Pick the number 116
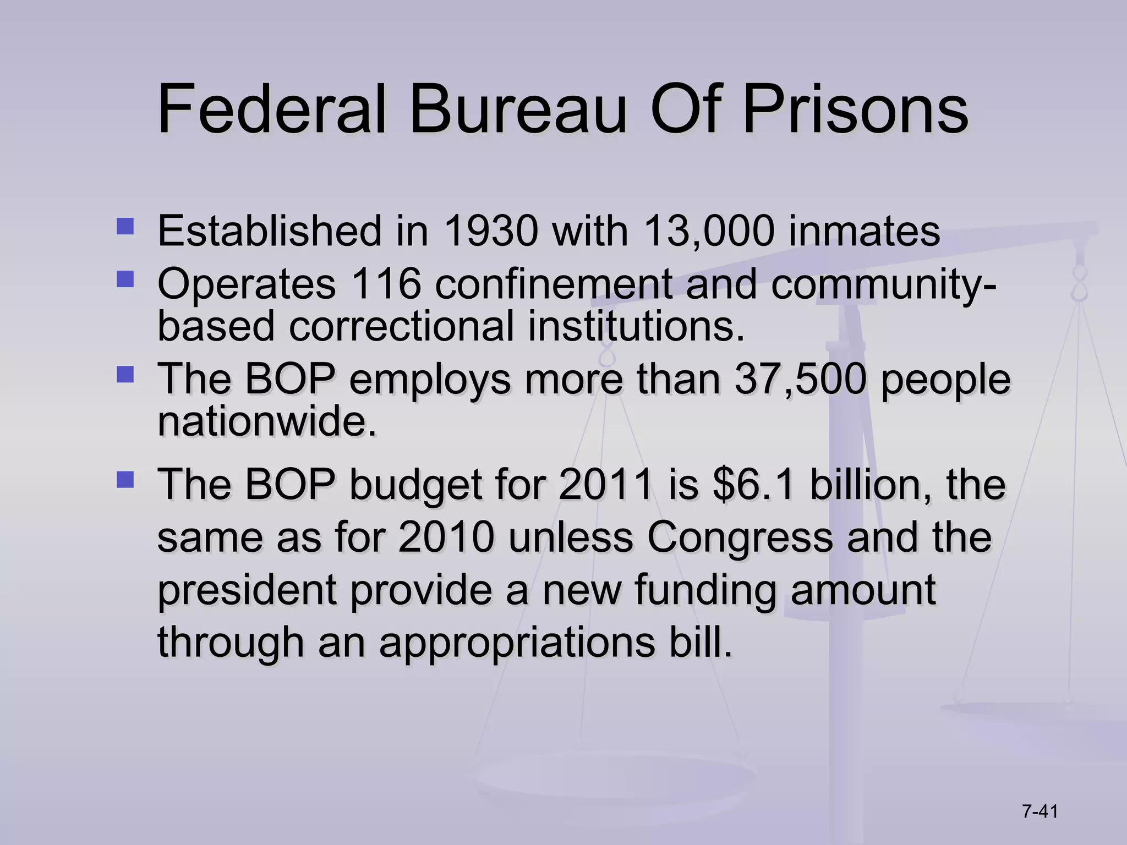(x=386, y=284)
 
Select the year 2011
(x=606, y=484)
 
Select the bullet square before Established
(x=125, y=226)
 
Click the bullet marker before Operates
(x=125, y=279)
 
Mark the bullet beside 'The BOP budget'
(x=125, y=479)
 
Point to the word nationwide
(x=267, y=422)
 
